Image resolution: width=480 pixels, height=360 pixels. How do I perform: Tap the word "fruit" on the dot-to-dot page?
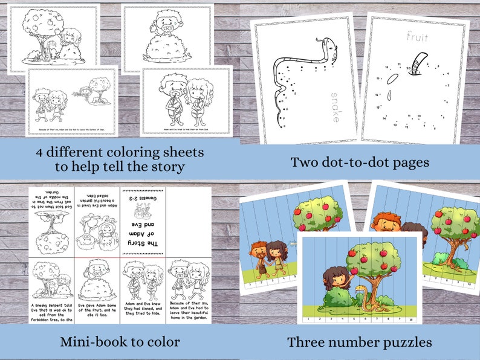point(417,37)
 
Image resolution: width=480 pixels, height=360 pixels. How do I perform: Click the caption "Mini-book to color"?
point(119,342)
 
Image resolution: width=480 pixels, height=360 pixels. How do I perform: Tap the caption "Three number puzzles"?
point(359,342)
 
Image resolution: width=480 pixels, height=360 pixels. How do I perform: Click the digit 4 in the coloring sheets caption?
point(38,152)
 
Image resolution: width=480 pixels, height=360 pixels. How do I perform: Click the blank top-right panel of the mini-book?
point(187,220)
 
